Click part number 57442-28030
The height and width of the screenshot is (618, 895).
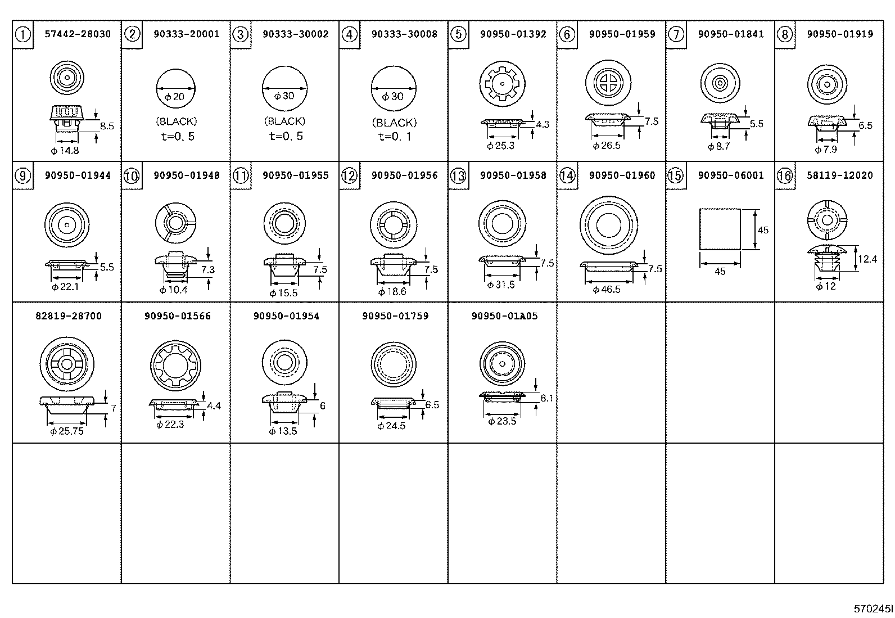point(78,34)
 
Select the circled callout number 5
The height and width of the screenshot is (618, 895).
point(459,34)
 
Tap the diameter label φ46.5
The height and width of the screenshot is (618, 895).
point(607,290)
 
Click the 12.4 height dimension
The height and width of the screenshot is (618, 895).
point(867,259)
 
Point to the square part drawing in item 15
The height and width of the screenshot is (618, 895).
point(720,229)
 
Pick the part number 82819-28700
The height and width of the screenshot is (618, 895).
point(69,316)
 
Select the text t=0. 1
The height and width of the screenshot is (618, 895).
point(394,136)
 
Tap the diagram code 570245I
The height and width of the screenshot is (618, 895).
point(873,609)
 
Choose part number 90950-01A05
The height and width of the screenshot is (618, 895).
point(504,316)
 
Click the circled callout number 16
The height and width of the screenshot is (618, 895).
point(785,176)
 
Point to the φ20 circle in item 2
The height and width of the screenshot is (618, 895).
point(175,89)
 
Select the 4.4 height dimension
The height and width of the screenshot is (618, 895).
point(214,405)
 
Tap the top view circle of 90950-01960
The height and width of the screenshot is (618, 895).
point(608,225)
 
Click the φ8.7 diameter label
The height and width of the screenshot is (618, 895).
point(718,146)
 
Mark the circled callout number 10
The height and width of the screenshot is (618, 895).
point(132,176)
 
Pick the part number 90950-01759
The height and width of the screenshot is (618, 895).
point(395,316)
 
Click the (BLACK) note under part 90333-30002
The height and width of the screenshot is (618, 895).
point(284,121)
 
